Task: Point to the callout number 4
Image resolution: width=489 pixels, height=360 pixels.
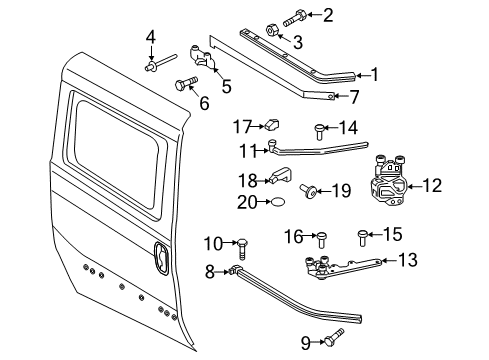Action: tap(151, 38)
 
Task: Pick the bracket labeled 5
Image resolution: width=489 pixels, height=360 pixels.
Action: tap(214, 63)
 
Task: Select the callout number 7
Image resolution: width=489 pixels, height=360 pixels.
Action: tap(355, 97)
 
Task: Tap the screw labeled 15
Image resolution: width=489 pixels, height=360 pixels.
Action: tap(362, 237)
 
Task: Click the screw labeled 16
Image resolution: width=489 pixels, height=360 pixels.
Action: tap(321, 237)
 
